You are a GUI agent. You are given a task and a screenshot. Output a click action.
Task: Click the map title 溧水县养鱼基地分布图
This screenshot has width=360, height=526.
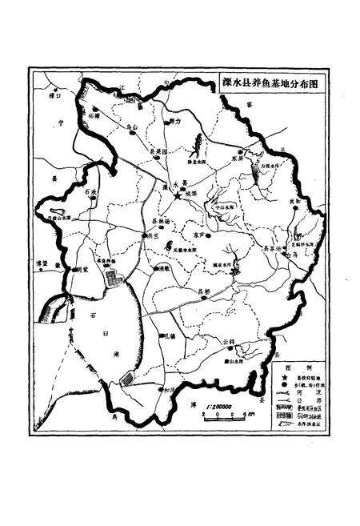[x=266, y=83]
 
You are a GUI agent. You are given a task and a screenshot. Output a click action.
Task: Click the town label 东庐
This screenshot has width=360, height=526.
[x=198, y=236]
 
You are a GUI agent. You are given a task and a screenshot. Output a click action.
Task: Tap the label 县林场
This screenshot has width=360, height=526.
[x=162, y=220]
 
